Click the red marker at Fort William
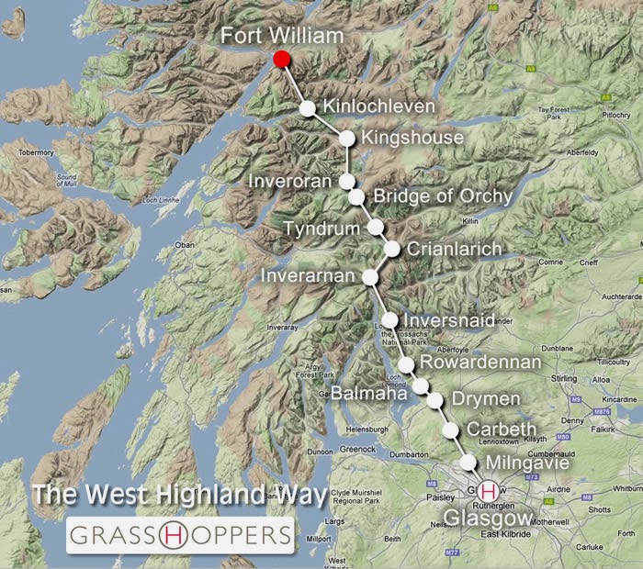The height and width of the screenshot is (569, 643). (x=282, y=59)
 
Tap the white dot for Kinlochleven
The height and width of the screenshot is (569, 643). (x=308, y=108)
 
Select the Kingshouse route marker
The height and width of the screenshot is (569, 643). (x=347, y=139)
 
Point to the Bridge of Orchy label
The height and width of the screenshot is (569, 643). (x=443, y=197)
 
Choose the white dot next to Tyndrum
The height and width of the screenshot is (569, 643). (x=375, y=227)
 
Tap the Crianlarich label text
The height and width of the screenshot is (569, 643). (x=454, y=249)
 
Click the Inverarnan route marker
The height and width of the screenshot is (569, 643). (x=370, y=276)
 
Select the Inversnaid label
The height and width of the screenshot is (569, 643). (x=450, y=320)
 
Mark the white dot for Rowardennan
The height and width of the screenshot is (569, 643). (x=406, y=364)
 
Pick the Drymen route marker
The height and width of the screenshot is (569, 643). (x=434, y=400)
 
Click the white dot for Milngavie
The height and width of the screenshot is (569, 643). (x=468, y=462)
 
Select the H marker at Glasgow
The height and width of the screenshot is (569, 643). (x=488, y=491)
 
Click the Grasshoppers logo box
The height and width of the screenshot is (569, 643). (x=179, y=534)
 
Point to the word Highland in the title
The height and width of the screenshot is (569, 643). (x=218, y=496)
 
